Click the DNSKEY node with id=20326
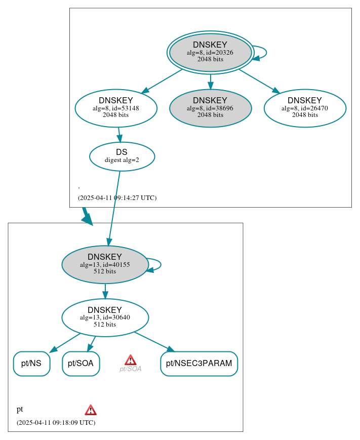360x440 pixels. coord(210,52)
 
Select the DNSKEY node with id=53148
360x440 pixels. coord(116,108)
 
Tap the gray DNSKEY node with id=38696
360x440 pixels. coord(210,108)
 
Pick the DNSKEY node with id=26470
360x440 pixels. coord(305,108)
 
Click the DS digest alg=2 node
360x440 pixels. coord(122,156)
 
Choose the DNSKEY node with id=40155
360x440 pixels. coord(105,264)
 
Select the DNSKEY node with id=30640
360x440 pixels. coord(105,317)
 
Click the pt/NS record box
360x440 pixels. coord(31,364)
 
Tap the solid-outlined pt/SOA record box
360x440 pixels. coord(81,364)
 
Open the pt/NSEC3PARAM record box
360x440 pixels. coord(199,364)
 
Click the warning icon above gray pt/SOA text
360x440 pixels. coord(130,360)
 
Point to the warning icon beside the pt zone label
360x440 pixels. coord(91,410)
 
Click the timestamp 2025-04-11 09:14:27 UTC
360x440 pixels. coord(117,198)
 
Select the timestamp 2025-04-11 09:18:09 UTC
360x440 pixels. coord(56,422)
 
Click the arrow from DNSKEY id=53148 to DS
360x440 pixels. coord(119,135)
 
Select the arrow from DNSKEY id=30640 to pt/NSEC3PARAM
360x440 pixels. coord(153,341)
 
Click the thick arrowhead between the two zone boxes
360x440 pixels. coord(88,219)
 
